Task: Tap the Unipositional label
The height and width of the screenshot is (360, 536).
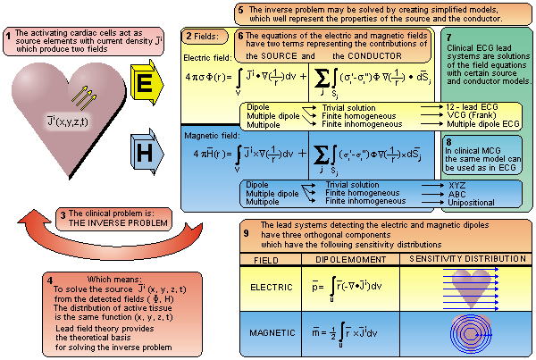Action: [x=472, y=201]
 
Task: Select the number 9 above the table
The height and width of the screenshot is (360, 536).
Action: [x=246, y=233]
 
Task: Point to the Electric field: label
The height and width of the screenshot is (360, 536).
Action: [x=206, y=57]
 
